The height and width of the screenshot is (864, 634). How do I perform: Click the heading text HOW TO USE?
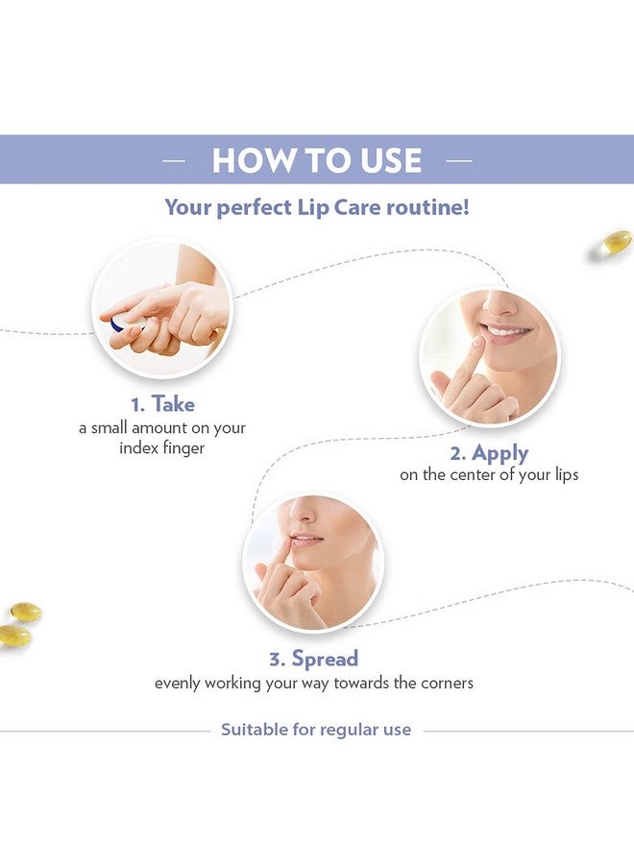pos(317,159)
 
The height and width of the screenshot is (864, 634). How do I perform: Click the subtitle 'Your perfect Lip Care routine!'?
pos(317,206)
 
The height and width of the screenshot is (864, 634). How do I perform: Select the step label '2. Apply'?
pos(489,453)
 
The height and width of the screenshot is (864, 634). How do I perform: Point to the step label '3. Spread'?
pos(313,659)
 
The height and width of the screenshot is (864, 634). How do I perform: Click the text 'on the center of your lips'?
pos(489,475)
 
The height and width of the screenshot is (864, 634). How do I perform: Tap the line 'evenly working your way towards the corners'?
pos(313,684)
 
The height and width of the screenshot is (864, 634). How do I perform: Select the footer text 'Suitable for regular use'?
pos(316,730)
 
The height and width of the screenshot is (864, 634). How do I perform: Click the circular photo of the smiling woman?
pos(489,357)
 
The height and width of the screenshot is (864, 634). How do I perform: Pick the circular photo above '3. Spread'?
pos(313,563)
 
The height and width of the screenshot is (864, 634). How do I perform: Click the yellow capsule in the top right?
pos(615,242)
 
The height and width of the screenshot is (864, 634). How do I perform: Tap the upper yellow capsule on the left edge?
pos(25,612)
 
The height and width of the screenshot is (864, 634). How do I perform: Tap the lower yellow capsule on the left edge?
pos(13,636)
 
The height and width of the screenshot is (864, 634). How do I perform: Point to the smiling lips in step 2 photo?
pos(505,332)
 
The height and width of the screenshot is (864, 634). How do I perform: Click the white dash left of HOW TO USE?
pos(174,160)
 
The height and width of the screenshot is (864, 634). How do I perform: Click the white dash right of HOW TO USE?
pos(459,160)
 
